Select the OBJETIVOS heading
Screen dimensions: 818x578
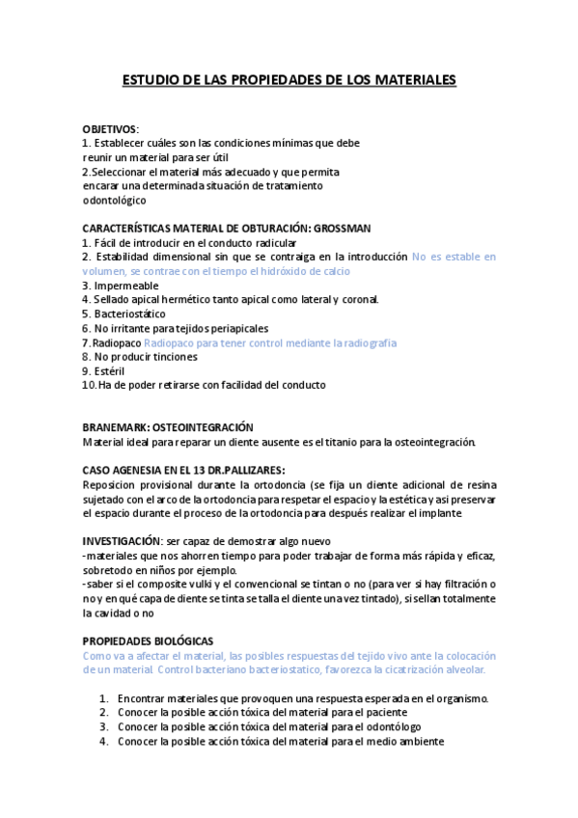[x=110, y=128]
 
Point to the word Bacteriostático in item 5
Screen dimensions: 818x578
[x=130, y=314]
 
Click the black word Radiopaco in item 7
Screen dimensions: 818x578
[x=118, y=342]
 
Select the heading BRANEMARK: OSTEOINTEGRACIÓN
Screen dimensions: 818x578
[x=167, y=427]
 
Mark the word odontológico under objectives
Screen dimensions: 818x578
[x=115, y=200]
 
